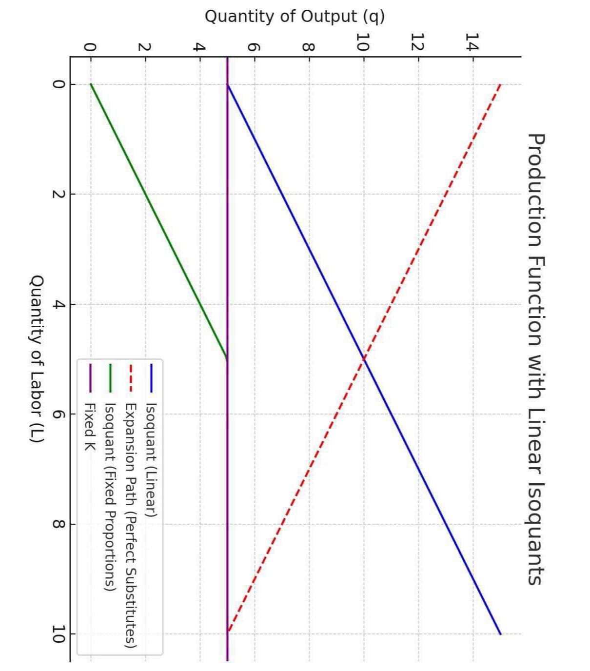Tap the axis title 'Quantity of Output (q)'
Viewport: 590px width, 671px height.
pyautogui.click(x=295, y=17)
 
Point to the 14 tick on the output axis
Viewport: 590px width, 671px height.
pyautogui.click(x=472, y=42)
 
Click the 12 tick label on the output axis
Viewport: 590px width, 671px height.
pyautogui.click(x=417, y=42)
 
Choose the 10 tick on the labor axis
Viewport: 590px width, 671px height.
pyautogui.click(x=59, y=634)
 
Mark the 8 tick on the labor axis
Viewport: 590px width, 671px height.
pyautogui.click(x=59, y=524)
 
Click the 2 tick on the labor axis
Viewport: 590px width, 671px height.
pyautogui.click(x=59, y=194)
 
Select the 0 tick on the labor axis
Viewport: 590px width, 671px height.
pyautogui.click(x=59, y=84)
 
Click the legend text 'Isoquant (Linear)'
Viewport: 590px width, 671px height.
pyautogui.click(x=151, y=459)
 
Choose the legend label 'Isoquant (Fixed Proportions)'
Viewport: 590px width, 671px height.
pyautogui.click(x=110, y=497)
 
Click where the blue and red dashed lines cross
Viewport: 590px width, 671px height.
pyautogui.click(x=363, y=359)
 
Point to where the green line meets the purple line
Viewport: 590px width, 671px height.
pyautogui.click(x=227, y=359)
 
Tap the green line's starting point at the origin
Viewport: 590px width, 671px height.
pyautogui.click(x=91, y=84)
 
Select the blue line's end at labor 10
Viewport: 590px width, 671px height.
pyautogui.click(x=500, y=634)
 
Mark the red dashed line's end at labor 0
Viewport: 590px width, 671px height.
pyautogui.click(x=500, y=84)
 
